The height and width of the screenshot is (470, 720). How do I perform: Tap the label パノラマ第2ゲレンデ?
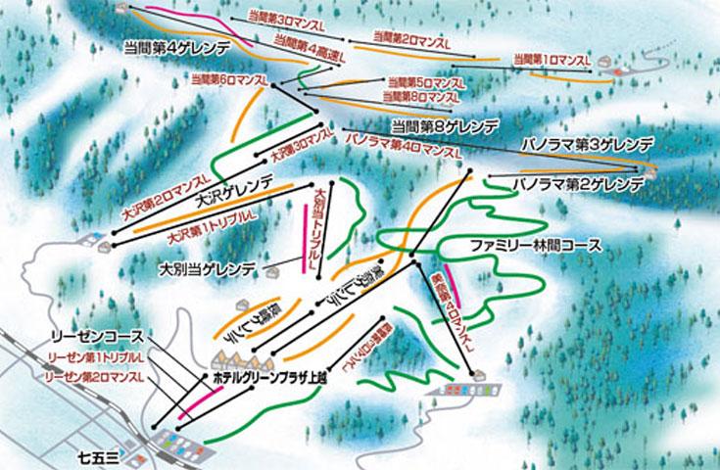(x=578, y=183)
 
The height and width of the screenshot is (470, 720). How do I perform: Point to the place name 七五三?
(x=98, y=456)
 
